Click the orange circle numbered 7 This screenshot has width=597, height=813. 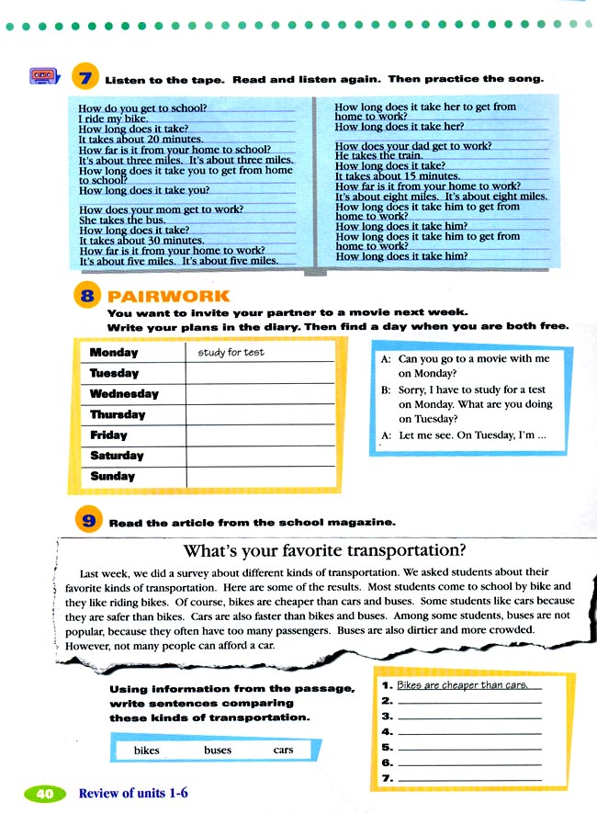click(84, 79)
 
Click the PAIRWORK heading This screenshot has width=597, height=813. click(168, 297)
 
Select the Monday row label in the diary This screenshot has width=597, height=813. click(114, 353)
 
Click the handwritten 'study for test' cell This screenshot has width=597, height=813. click(231, 353)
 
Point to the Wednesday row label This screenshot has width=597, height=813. click(124, 394)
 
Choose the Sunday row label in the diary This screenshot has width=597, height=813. click(112, 477)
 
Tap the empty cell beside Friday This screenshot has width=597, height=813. click(261, 435)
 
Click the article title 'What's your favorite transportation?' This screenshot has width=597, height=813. click(324, 552)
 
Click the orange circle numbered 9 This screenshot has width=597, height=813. click(88, 522)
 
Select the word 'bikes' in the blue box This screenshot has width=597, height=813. click(146, 751)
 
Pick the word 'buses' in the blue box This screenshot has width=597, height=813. click(218, 751)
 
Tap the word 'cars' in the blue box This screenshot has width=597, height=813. click(283, 751)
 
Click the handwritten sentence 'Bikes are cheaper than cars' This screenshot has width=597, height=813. click(462, 685)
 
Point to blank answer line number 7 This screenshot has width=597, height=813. click(468, 779)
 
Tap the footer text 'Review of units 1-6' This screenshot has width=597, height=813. click(133, 793)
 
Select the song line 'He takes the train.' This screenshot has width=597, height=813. click(366, 156)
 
